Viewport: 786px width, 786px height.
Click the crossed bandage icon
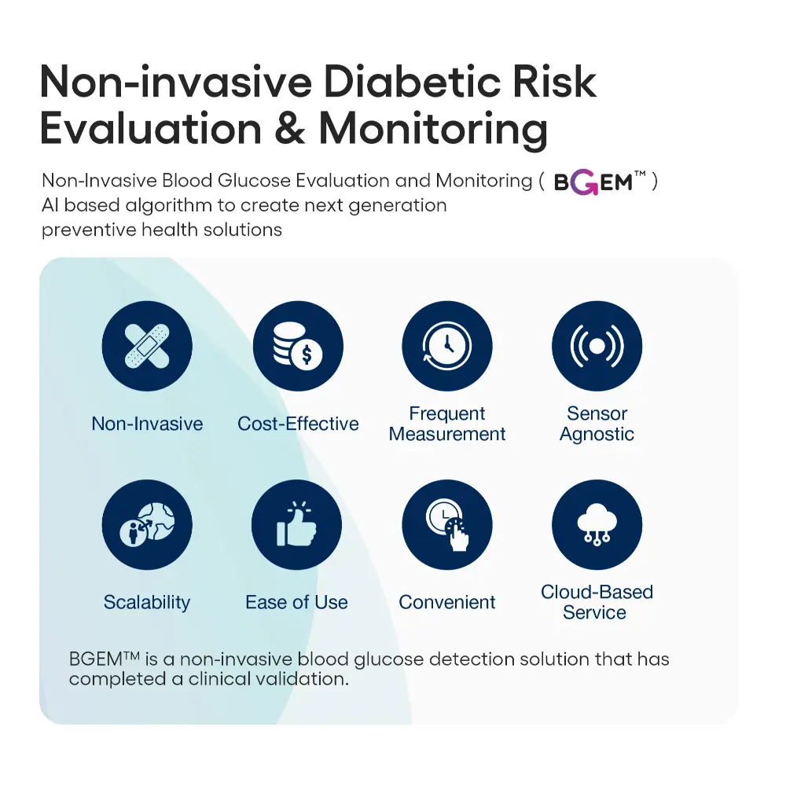tap(147, 346)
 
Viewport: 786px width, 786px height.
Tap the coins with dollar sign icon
tap(298, 346)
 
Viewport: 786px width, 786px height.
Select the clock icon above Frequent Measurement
tap(447, 346)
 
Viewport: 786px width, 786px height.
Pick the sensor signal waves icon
tap(597, 346)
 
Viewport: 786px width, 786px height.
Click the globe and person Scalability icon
tap(147, 524)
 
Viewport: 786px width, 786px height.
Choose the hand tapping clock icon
tap(447, 524)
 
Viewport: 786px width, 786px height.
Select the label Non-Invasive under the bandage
tap(147, 424)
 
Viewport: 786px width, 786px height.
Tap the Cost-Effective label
tap(298, 424)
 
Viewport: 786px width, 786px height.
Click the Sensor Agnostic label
tap(597, 424)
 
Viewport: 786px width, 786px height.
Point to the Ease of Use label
tap(296, 602)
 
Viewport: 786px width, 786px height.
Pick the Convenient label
tap(446, 602)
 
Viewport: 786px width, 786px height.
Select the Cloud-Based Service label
tap(597, 602)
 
